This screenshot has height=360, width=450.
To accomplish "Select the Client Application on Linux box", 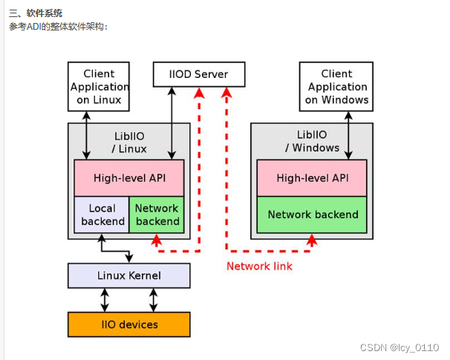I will point(99,87).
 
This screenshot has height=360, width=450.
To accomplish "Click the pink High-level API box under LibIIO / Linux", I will point(128,178).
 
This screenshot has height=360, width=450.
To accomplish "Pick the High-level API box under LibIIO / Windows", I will point(312,178).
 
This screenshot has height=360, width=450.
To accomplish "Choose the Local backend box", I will point(102,215).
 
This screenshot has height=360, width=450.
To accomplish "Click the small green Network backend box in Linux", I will point(157,215).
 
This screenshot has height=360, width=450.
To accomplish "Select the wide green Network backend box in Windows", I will point(312,215).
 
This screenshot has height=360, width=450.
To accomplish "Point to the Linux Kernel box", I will point(129,275).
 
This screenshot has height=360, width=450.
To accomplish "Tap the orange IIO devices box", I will point(129,324).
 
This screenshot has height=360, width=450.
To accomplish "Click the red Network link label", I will point(259,266).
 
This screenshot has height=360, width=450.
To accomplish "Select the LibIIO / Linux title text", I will point(128,142).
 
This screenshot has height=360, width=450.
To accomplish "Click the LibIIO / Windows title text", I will point(311,142).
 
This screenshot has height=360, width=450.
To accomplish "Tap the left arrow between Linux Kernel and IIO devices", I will point(105,300).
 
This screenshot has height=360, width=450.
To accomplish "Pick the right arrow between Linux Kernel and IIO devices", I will point(154,300).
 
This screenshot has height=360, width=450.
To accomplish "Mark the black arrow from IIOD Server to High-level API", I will point(172,122).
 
